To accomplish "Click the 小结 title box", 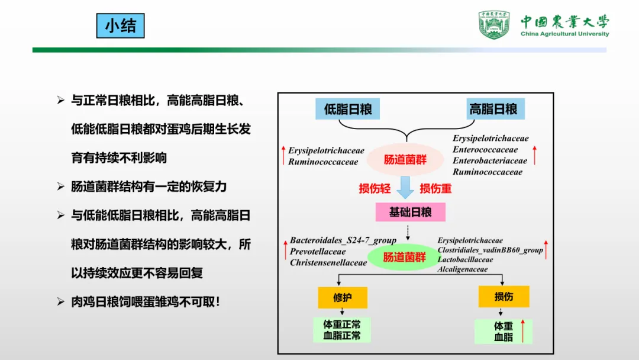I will click(120, 26).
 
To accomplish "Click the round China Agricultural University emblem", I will click(494, 25).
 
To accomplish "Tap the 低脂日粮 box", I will click(348, 109).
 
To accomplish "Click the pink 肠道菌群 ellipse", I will click(405, 159).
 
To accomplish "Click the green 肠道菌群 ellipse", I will click(405, 257).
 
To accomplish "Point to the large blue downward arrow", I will click(405, 188).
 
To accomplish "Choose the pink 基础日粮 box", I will click(410, 212).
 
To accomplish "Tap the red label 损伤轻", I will click(375, 189).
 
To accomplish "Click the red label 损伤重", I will click(435, 189).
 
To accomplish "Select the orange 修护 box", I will click(343, 297).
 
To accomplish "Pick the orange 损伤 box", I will click(504, 296).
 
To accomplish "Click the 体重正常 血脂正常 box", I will click(342, 330).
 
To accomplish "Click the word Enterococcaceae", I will click(485, 150).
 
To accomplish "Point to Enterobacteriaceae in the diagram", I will click(490, 161).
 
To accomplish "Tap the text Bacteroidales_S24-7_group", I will click(343, 240).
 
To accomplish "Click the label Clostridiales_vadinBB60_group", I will click(490, 250).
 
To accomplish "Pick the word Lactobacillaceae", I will click(465, 259).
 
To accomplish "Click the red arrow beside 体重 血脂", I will click(522, 331).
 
